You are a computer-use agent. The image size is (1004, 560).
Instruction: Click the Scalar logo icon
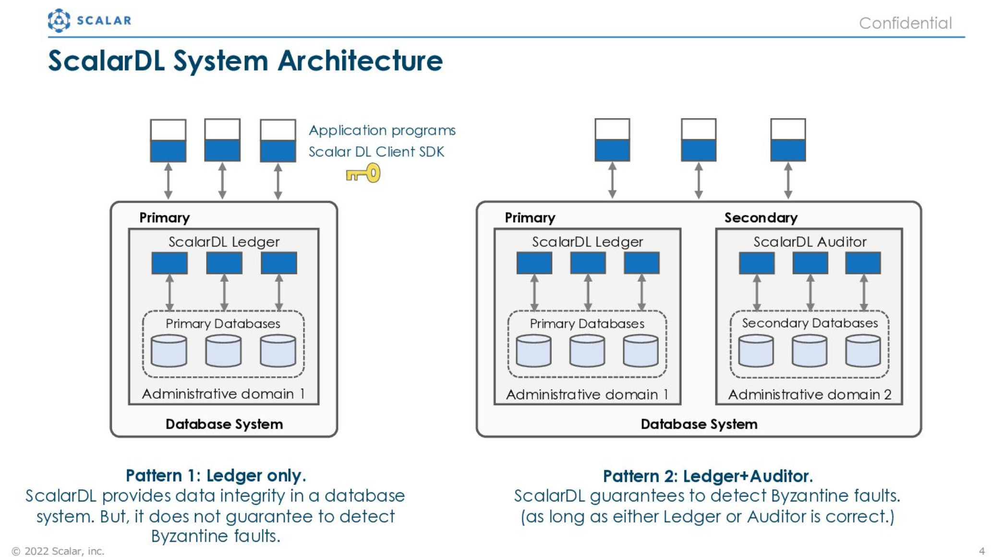[x=59, y=21]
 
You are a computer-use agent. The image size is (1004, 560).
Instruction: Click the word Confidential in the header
[x=905, y=23]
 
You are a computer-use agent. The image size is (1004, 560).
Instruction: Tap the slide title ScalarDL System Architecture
[x=245, y=61]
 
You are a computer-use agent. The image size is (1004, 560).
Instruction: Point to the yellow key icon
[x=363, y=173]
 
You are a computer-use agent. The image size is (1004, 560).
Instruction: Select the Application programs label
[x=382, y=131]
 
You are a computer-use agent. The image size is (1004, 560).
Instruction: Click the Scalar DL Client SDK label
[x=376, y=152]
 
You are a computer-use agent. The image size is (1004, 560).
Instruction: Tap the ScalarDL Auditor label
[x=810, y=242]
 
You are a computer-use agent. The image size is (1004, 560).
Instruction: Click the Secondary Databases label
[x=810, y=323]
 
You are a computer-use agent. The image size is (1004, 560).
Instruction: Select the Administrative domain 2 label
[x=810, y=394]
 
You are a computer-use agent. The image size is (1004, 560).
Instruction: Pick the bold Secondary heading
[x=761, y=218]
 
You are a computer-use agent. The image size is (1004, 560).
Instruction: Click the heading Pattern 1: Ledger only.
[x=216, y=476]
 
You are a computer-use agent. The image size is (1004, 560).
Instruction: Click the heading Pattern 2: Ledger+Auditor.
[x=708, y=476]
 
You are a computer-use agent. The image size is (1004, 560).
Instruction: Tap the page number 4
[x=982, y=551]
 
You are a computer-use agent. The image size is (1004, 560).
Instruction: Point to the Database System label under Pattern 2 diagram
[x=699, y=424]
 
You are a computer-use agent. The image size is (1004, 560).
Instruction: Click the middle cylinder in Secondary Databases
[x=810, y=351]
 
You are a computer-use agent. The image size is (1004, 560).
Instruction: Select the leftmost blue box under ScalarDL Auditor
[x=757, y=263]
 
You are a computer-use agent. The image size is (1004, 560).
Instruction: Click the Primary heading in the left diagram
[x=165, y=218]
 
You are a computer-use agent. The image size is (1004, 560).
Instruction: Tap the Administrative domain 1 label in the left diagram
[x=224, y=394]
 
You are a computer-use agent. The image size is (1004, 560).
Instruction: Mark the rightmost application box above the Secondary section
[x=788, y=140]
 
